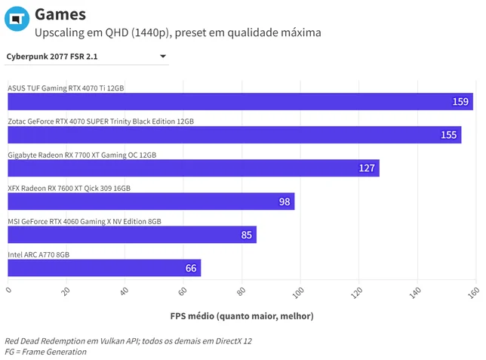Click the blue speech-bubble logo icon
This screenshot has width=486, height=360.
tap(17, 19)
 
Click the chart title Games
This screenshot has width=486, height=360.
tap(60, 14)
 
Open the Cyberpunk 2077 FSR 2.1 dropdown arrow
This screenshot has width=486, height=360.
tap(163, 56)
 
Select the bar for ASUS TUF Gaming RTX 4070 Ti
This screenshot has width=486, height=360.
tap(240, 101)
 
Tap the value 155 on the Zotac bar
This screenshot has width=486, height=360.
tap(448, 135)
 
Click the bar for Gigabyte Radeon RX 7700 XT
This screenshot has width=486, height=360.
tap(193, 168)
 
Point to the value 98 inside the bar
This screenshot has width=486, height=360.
tap(285, 202)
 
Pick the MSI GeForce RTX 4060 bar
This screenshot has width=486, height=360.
tap(132, 235)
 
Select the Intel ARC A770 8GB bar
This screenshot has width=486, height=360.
tap(104, 268)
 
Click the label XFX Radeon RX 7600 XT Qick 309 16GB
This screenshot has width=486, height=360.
tap(69, 188)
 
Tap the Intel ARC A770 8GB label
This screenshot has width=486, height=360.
tap(38, 254)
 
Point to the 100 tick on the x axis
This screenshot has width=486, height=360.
tap(298, 292)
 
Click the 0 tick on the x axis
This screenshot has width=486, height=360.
tap(9, 290)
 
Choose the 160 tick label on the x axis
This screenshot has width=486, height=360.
tap(474, 292)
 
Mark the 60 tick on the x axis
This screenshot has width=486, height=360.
tap(183, 291)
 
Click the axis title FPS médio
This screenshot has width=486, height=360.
tap(241, 316)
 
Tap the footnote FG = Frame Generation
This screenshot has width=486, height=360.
tap(45, 352)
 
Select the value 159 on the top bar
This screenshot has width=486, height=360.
tap(460, 102)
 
